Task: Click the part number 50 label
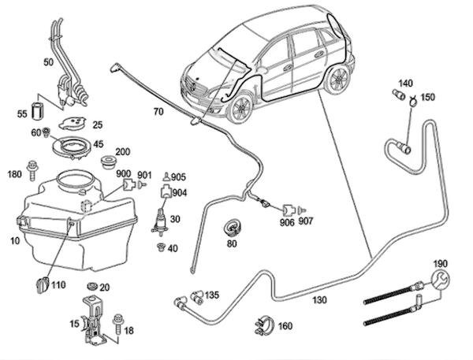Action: [x=48, y=61]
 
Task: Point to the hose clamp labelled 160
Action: [x=263, y=322]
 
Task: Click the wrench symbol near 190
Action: [x=438, y=280]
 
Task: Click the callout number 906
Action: [x=287, y=223]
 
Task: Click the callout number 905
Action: [x=179, y=176]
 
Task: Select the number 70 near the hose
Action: [x=158, y=112]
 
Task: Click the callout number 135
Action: [x=211, y=296]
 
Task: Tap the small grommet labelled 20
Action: [x=93, y=284]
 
